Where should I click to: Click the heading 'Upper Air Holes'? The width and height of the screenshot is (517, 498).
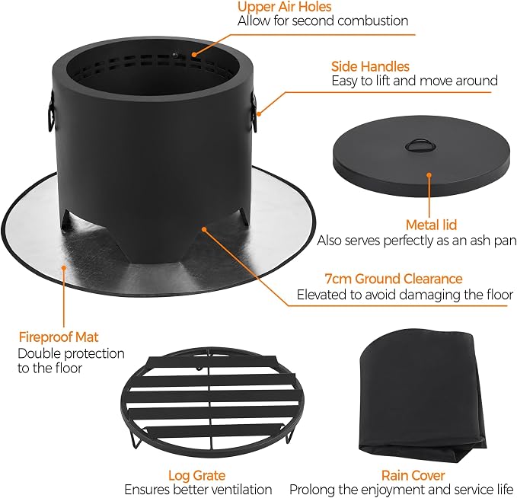[x=284, y=7]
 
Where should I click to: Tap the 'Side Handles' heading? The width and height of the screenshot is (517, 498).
[x=370, y=66]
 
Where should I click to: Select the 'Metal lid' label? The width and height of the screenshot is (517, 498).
[x=431, y=225]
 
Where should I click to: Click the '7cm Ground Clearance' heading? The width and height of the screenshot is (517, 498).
[x=394, y=279]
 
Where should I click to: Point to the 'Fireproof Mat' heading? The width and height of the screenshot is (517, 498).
[x=59, y=337]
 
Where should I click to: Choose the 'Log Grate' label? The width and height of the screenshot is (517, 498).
[x=197, y=476]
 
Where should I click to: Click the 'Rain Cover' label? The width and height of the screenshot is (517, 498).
[x=413, y=476]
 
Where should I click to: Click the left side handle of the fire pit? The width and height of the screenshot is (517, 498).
[x=51, y=110]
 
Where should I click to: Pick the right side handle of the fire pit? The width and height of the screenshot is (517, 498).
[x=254, y=111]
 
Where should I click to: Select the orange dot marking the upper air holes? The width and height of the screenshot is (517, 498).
[x=194, y=54]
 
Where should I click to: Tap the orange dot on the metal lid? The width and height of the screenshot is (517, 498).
[x=429, y=175]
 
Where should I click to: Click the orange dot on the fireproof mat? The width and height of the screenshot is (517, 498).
[x=64, y=267]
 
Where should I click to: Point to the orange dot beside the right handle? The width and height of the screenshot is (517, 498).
[x=259, y=114]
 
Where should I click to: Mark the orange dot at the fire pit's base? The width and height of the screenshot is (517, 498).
[x=204, y=229]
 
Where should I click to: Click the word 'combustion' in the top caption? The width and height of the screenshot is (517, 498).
[x=373, y=21]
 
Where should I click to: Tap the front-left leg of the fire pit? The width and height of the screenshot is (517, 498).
[x=66, y=220]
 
